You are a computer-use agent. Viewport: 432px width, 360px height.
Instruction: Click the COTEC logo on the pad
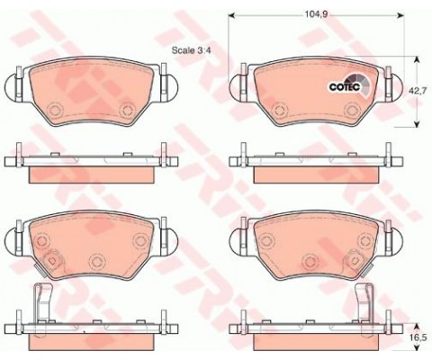point(341,87)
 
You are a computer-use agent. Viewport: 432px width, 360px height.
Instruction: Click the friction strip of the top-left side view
point(90,170)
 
